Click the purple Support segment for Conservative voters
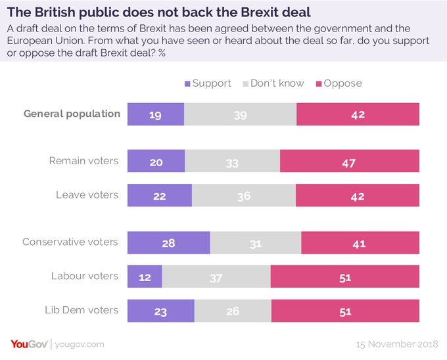pos(168,243)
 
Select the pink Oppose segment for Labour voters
pos(344,277)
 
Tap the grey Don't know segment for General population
pos(240,114)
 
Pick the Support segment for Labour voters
pos(144,277)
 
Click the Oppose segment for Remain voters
pos(349,162)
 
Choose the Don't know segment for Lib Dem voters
pos(233,311)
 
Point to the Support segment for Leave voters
pos(159,196)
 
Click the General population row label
pos(72,114)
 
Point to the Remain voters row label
pos(84,161)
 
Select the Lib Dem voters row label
pos(82,310)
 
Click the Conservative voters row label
pos(70,242)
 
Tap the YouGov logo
pos(28,344)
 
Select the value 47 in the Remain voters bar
pos(349,162)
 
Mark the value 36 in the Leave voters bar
pos(243,196)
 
